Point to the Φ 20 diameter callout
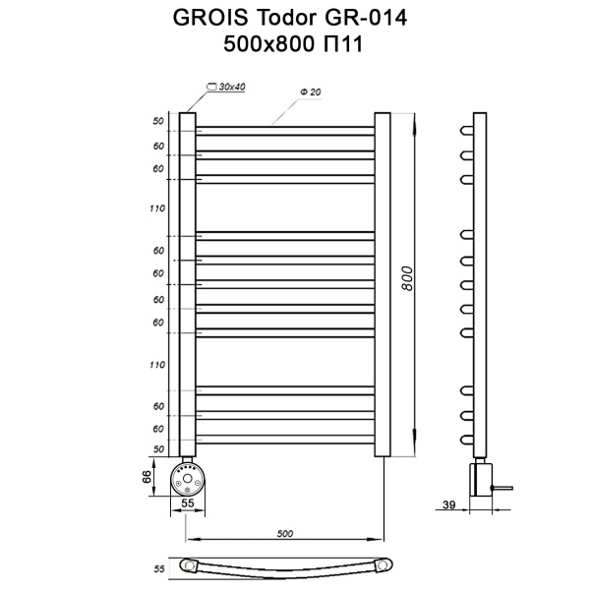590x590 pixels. pos(312,92)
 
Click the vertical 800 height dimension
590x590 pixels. pos(405,280)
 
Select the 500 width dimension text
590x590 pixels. pos(285,534)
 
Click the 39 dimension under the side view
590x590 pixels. pos(448,505)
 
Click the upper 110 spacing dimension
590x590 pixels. pos(156,208)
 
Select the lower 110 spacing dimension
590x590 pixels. pos(156,365)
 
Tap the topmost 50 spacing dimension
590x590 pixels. pos(157,121)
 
